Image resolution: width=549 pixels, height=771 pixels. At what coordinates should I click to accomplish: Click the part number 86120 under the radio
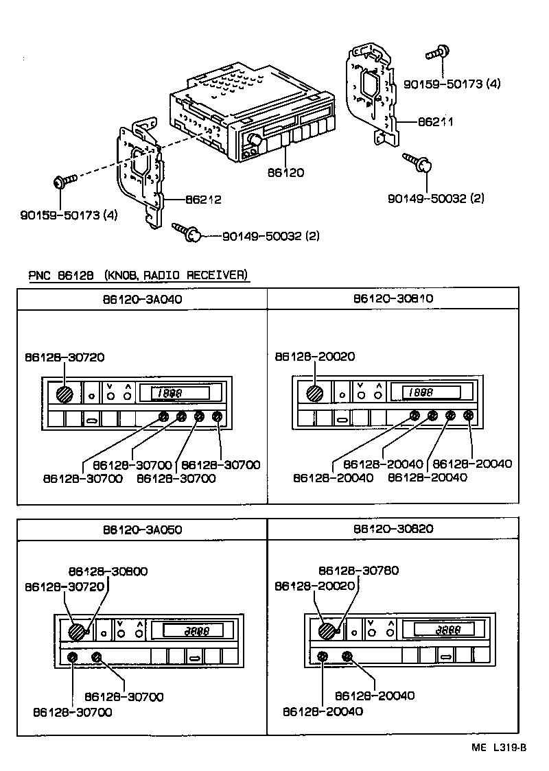285,174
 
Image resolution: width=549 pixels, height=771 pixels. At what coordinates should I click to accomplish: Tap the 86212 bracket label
203,200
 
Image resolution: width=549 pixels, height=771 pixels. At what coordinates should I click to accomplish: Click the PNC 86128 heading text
137,275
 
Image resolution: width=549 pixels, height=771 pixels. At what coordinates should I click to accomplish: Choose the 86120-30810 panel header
393,299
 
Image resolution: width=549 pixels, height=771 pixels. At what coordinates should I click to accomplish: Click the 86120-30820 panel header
393,530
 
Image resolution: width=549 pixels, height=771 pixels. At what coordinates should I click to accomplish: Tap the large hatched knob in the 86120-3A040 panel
64,394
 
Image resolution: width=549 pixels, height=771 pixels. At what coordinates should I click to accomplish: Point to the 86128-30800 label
108,571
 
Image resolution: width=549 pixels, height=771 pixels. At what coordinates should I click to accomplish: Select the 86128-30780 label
358,571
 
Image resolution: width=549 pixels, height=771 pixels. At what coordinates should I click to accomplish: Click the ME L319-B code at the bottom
499,748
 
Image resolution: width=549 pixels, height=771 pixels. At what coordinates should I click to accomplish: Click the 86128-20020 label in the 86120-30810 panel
314,357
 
